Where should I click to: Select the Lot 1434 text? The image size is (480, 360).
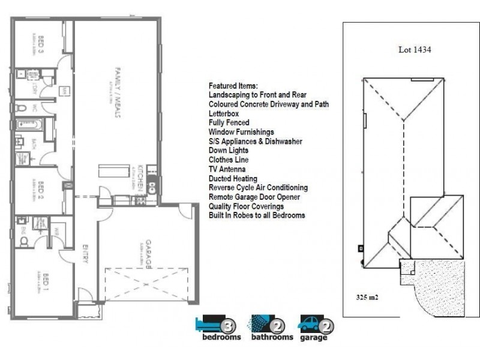pos(415,50)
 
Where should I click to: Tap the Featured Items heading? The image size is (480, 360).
pos(233,85)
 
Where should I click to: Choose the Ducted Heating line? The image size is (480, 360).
pos(233,178)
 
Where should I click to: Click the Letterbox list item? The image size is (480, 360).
pos(224,113)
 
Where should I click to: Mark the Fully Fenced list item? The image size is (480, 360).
pos(229,122)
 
